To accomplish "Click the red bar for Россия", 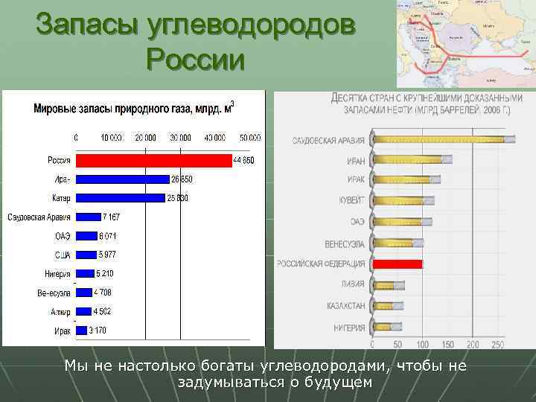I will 153,161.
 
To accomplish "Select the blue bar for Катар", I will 120,198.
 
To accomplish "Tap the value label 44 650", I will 244,161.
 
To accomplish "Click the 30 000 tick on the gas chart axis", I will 180,138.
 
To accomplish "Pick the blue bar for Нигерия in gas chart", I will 85,273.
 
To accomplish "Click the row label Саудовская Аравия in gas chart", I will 39,217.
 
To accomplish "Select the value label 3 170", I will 98,330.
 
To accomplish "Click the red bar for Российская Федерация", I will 398,264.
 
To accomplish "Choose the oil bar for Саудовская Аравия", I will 444,139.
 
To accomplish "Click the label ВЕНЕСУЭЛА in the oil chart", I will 344,243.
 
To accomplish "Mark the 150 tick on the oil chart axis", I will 447,345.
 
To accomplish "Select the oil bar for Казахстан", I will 388,306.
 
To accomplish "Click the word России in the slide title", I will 196,59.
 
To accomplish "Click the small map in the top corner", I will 465,43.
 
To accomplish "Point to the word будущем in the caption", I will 335,382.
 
